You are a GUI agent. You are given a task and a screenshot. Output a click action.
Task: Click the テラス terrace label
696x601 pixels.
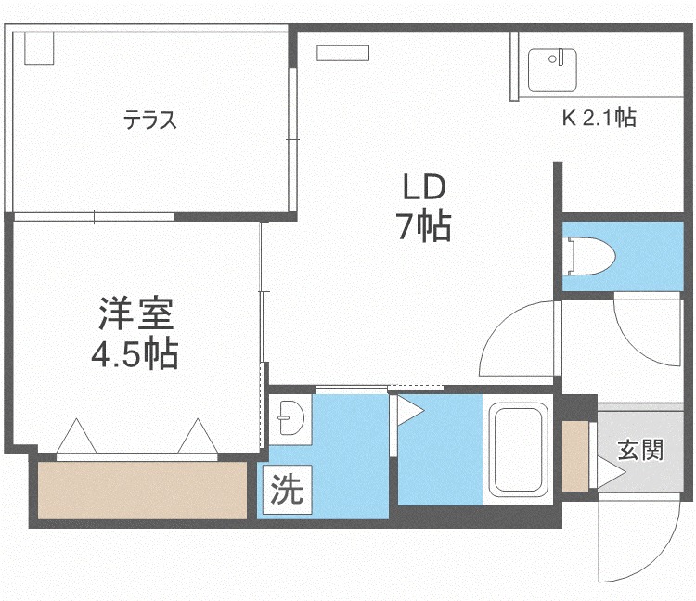pos(150,120)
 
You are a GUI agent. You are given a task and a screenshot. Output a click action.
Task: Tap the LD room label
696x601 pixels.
pos(424,186)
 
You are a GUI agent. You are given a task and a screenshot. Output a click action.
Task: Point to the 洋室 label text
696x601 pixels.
pos(135,313)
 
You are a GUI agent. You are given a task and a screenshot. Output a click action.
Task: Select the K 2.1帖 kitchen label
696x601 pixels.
pos(599,118)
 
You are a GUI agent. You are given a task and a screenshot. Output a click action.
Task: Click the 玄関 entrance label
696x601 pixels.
pos(640,450)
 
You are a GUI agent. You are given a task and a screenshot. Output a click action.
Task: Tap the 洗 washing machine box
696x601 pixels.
pos(287,489)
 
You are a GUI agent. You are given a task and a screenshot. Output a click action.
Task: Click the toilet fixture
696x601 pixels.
pos(590,256)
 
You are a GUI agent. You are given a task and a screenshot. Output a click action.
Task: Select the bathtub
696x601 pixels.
pos(518,449)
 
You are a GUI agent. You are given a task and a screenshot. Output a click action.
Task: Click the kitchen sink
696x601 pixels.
pos(552,70)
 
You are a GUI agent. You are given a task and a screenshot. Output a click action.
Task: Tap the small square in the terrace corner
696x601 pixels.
pos(39,48)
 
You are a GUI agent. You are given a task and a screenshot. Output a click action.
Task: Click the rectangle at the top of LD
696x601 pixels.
pos(343,53)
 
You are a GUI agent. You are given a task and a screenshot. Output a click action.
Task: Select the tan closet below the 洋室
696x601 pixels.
pos(142,490)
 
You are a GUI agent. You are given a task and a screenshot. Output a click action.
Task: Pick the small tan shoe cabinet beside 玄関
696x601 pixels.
pos(575,456)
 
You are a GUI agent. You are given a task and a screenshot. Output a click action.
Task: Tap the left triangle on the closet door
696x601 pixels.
pos(76,436)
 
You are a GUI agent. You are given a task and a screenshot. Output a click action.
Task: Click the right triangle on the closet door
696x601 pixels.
pos(198,436)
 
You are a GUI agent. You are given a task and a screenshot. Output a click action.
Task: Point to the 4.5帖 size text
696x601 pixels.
pos(135,353)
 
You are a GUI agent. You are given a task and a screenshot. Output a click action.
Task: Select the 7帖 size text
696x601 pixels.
pos(424,226)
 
